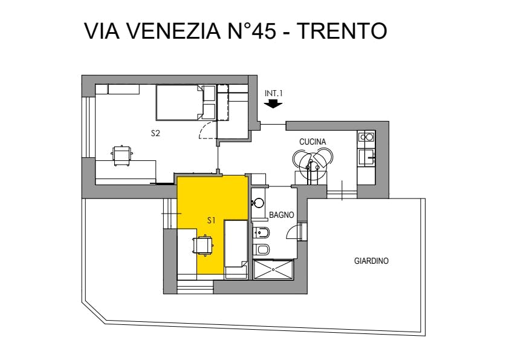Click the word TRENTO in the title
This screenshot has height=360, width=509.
[x=342, y=31]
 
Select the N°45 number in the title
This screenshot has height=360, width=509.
[x=252, y=31]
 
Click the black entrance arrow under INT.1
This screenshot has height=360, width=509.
[x=273, y=103]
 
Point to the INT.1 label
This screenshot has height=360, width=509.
[x=274, y=93]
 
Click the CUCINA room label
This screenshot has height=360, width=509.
[x=313, y=142]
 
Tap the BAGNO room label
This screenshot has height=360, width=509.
[x=282, y=215]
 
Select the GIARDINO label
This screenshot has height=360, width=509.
[x=371, y=261]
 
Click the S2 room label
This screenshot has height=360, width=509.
[x=155, y=133]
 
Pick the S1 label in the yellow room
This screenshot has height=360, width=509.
[x=212, y=220]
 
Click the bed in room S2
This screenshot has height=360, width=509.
[x=186, y=102]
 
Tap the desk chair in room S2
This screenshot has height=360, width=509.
[x=122, y=155]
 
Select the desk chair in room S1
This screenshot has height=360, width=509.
[x=203, y=245]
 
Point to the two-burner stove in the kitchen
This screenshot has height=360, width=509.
[x=366, y=137]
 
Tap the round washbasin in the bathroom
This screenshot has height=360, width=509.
[x=258, y=203]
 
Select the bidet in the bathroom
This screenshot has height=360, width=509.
[x=261, y=232]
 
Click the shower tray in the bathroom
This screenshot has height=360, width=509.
[x=273, y=269]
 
